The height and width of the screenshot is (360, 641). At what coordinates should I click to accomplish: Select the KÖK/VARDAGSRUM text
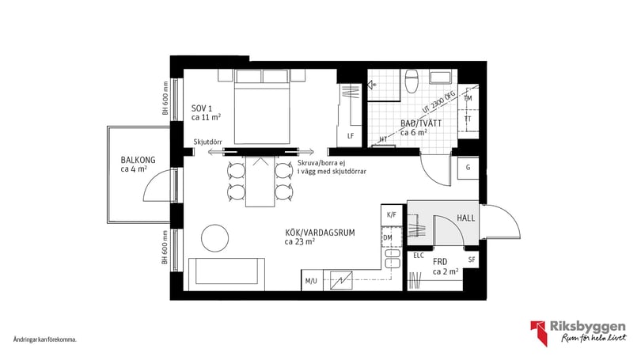tap(319, 233)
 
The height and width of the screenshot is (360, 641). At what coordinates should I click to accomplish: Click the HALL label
tap(466, 218)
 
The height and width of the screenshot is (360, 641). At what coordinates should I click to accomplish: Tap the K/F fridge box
tap(390, 214)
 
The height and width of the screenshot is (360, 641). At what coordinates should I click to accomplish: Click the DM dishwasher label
tap(388, 237)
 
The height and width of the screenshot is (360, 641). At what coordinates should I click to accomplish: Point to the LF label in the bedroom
tap(351, 136)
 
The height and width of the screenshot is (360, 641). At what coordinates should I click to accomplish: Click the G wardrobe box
tap(468, 168)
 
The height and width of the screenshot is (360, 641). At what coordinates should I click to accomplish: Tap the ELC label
tap(419, 256)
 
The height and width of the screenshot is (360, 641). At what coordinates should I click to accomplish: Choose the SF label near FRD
tap(471, 260)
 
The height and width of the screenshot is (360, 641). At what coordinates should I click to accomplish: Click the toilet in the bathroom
tap(411, 82)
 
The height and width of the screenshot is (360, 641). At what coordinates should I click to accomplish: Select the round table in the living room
tap(214, 237)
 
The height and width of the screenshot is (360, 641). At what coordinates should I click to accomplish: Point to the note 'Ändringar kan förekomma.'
tap(45, 339)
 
